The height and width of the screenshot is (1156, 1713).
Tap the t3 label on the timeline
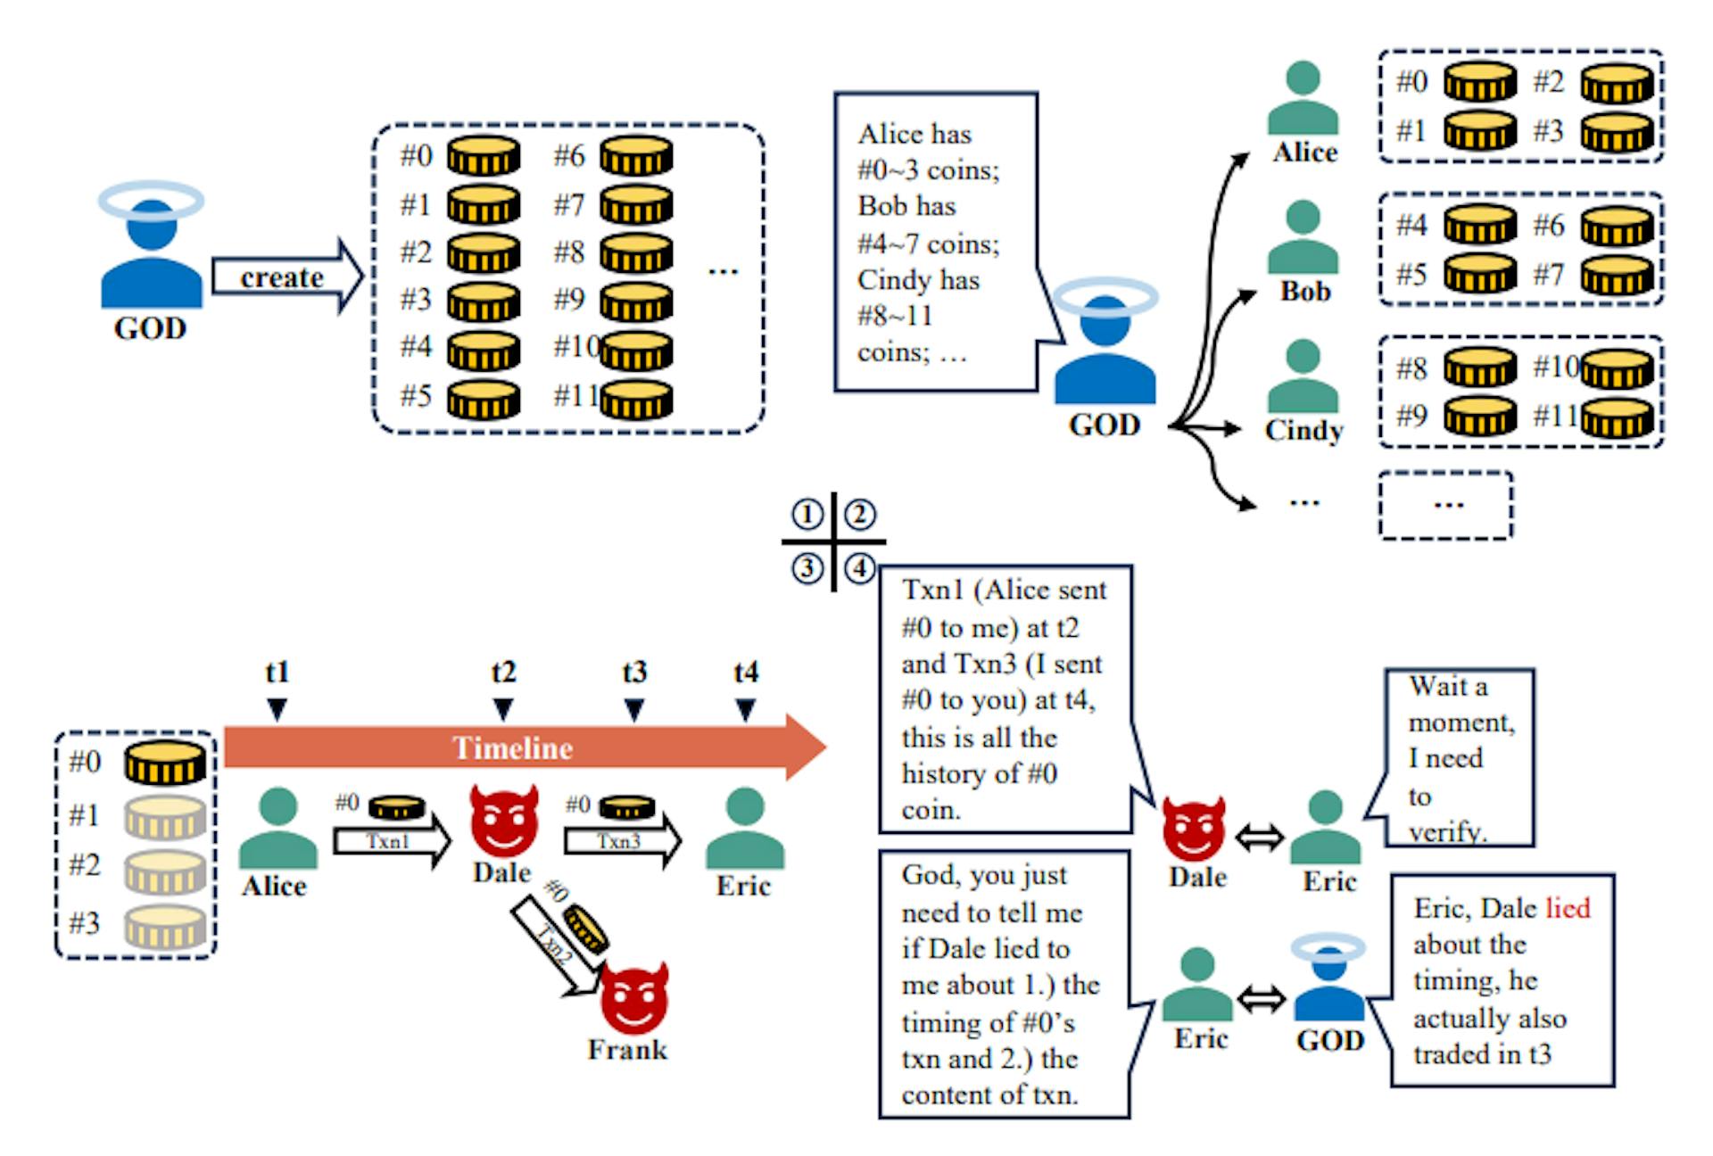[634, 672]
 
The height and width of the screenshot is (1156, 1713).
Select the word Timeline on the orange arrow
[512, 747]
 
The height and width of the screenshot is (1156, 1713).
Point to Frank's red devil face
[634, 997]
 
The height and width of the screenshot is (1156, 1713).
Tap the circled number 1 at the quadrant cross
[807, 515]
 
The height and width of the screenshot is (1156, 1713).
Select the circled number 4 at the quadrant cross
[860, 568]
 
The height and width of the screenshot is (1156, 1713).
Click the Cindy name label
[1303, 430]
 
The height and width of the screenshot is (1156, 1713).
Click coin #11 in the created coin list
[637, 399]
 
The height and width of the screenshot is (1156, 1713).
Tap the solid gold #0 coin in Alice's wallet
[165, 763]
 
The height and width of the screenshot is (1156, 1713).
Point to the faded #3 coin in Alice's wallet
[165, 926]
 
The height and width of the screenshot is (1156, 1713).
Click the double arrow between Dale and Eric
[1259, 838]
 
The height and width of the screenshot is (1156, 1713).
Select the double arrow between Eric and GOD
[1262, 999]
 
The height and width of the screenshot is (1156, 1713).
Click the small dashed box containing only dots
[1445, 506]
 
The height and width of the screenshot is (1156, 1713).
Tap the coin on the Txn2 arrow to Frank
[586, 928]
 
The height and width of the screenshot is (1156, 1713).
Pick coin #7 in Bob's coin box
[1617, 276]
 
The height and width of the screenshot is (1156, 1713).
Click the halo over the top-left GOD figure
[151, 201]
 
